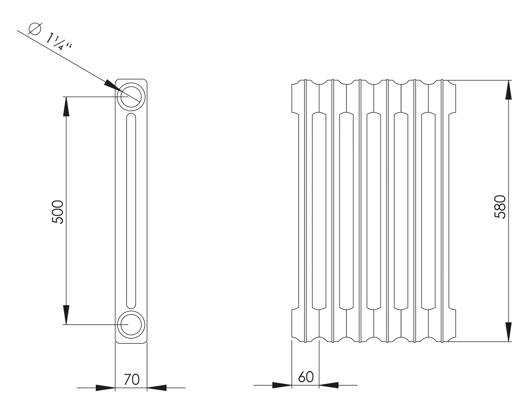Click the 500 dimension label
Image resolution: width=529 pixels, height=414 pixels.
click(57, 212)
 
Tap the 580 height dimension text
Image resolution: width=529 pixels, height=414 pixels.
click(500, 207)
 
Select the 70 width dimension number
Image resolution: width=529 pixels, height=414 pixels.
click(132, 379)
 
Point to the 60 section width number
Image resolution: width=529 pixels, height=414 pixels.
click(306, 377)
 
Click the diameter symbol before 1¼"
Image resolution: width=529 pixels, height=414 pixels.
click(35, 29)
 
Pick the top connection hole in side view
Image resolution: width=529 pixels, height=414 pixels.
click(131, 97)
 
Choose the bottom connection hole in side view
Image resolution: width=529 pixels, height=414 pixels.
click(131, 324)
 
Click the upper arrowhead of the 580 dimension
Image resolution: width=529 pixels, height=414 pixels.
click(508, 90)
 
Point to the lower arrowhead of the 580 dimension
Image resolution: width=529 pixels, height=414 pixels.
click(508, 332)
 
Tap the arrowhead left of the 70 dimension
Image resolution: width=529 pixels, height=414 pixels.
click(105, 388)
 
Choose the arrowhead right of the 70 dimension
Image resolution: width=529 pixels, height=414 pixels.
click(157, 388)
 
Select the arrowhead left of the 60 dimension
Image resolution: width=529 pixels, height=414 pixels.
click(282, 385)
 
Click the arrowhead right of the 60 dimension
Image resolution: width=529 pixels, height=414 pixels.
click(329, 385)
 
